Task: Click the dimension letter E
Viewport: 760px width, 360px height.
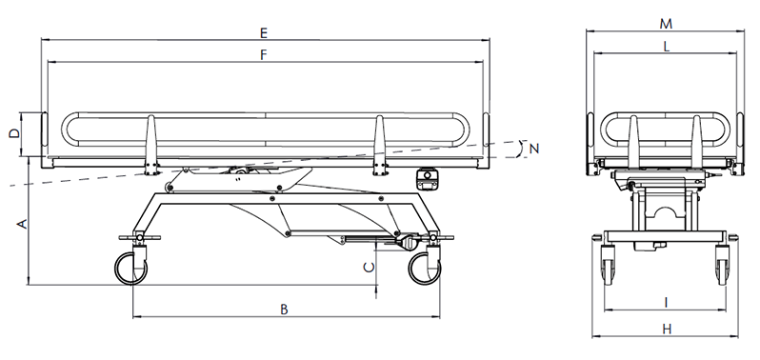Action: [263, 33]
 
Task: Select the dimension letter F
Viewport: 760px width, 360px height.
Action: [264, 54]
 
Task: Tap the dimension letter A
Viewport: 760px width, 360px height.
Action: [21, 224]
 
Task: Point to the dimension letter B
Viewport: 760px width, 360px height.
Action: [285, 310]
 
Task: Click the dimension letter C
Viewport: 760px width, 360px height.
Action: [370, 267]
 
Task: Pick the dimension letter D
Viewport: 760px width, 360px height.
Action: [15, 133]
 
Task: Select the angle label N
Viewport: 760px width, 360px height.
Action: [534, 149]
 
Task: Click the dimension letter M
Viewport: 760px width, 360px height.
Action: [666, 24]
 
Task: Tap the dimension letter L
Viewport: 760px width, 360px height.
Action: [667, 47]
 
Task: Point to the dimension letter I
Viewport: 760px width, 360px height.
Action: [667, 303]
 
